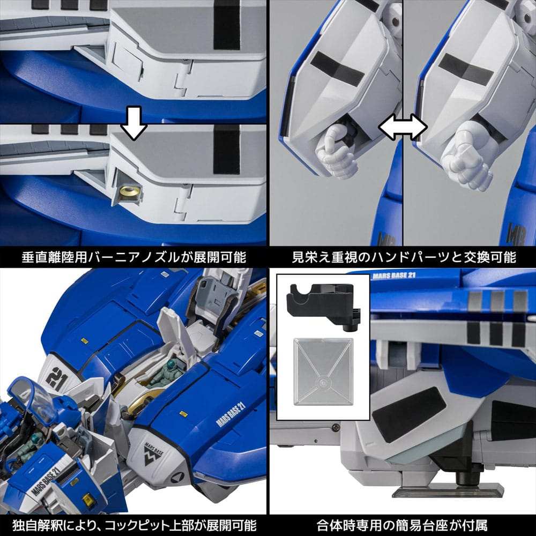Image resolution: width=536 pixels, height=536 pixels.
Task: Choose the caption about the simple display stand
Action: point(403,523)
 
